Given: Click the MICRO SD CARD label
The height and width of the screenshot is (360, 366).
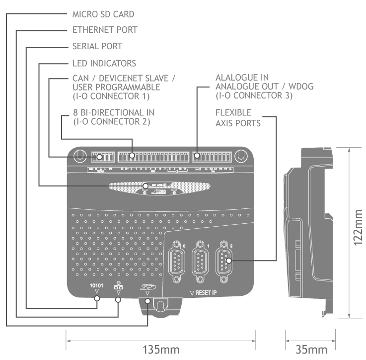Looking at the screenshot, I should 103,14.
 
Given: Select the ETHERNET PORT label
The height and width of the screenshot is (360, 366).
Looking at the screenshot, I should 104,30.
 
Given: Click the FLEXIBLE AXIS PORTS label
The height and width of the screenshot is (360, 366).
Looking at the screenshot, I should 238,118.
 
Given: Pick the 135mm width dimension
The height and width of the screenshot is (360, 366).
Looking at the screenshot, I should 161,349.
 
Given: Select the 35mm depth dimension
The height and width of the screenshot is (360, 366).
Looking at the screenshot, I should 311,349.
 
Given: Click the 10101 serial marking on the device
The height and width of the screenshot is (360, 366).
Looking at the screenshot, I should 96,286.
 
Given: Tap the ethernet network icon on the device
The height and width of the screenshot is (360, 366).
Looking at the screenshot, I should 118,287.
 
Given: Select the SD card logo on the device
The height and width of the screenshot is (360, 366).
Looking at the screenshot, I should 146,286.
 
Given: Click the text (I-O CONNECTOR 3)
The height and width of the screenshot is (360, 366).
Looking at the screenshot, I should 254,95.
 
